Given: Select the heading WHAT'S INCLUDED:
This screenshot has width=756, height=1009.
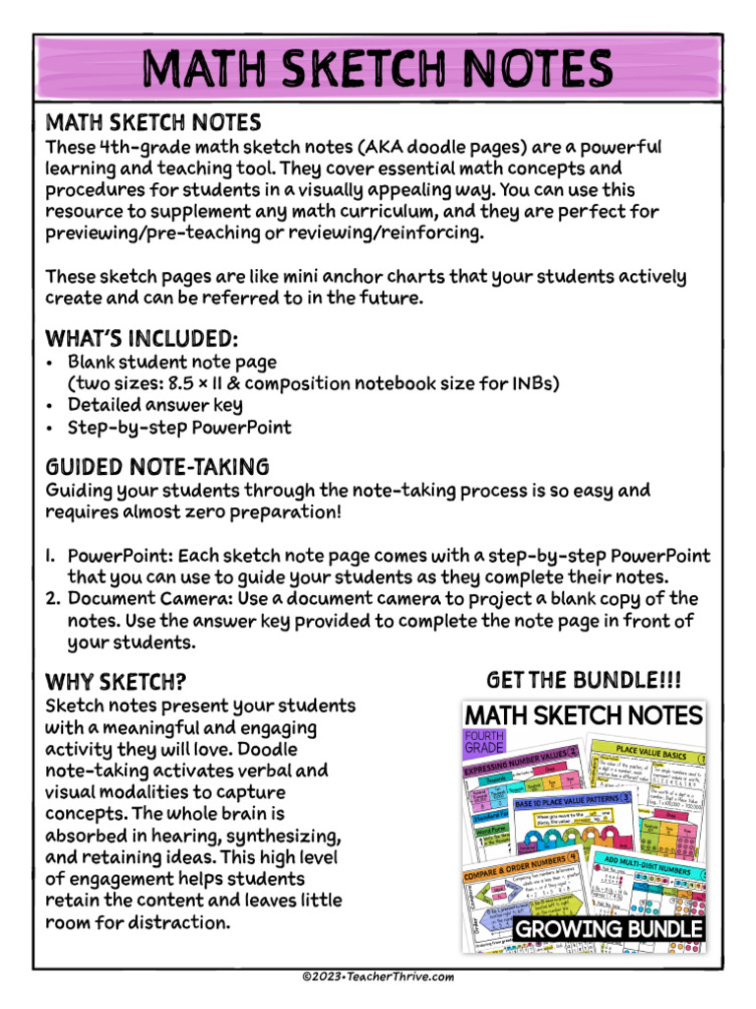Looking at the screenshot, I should tap(142, 339).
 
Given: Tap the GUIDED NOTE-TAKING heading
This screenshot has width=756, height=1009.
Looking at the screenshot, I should tap(157, 466).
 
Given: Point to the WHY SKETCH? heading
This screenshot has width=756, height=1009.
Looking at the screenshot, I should tap(116, 682).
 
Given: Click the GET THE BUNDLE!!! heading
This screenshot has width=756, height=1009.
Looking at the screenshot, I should tap(584, 681).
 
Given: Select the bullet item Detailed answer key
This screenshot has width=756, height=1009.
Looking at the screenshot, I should tap(155, 405).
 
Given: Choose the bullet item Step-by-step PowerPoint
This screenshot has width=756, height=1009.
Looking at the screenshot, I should tap(179, 428).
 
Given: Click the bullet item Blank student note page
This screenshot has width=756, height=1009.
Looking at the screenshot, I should tap(171, 362).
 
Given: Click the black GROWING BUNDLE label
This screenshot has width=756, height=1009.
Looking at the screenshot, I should tap(609, 929).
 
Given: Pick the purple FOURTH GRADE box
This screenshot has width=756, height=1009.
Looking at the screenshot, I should tap(484, 742).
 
